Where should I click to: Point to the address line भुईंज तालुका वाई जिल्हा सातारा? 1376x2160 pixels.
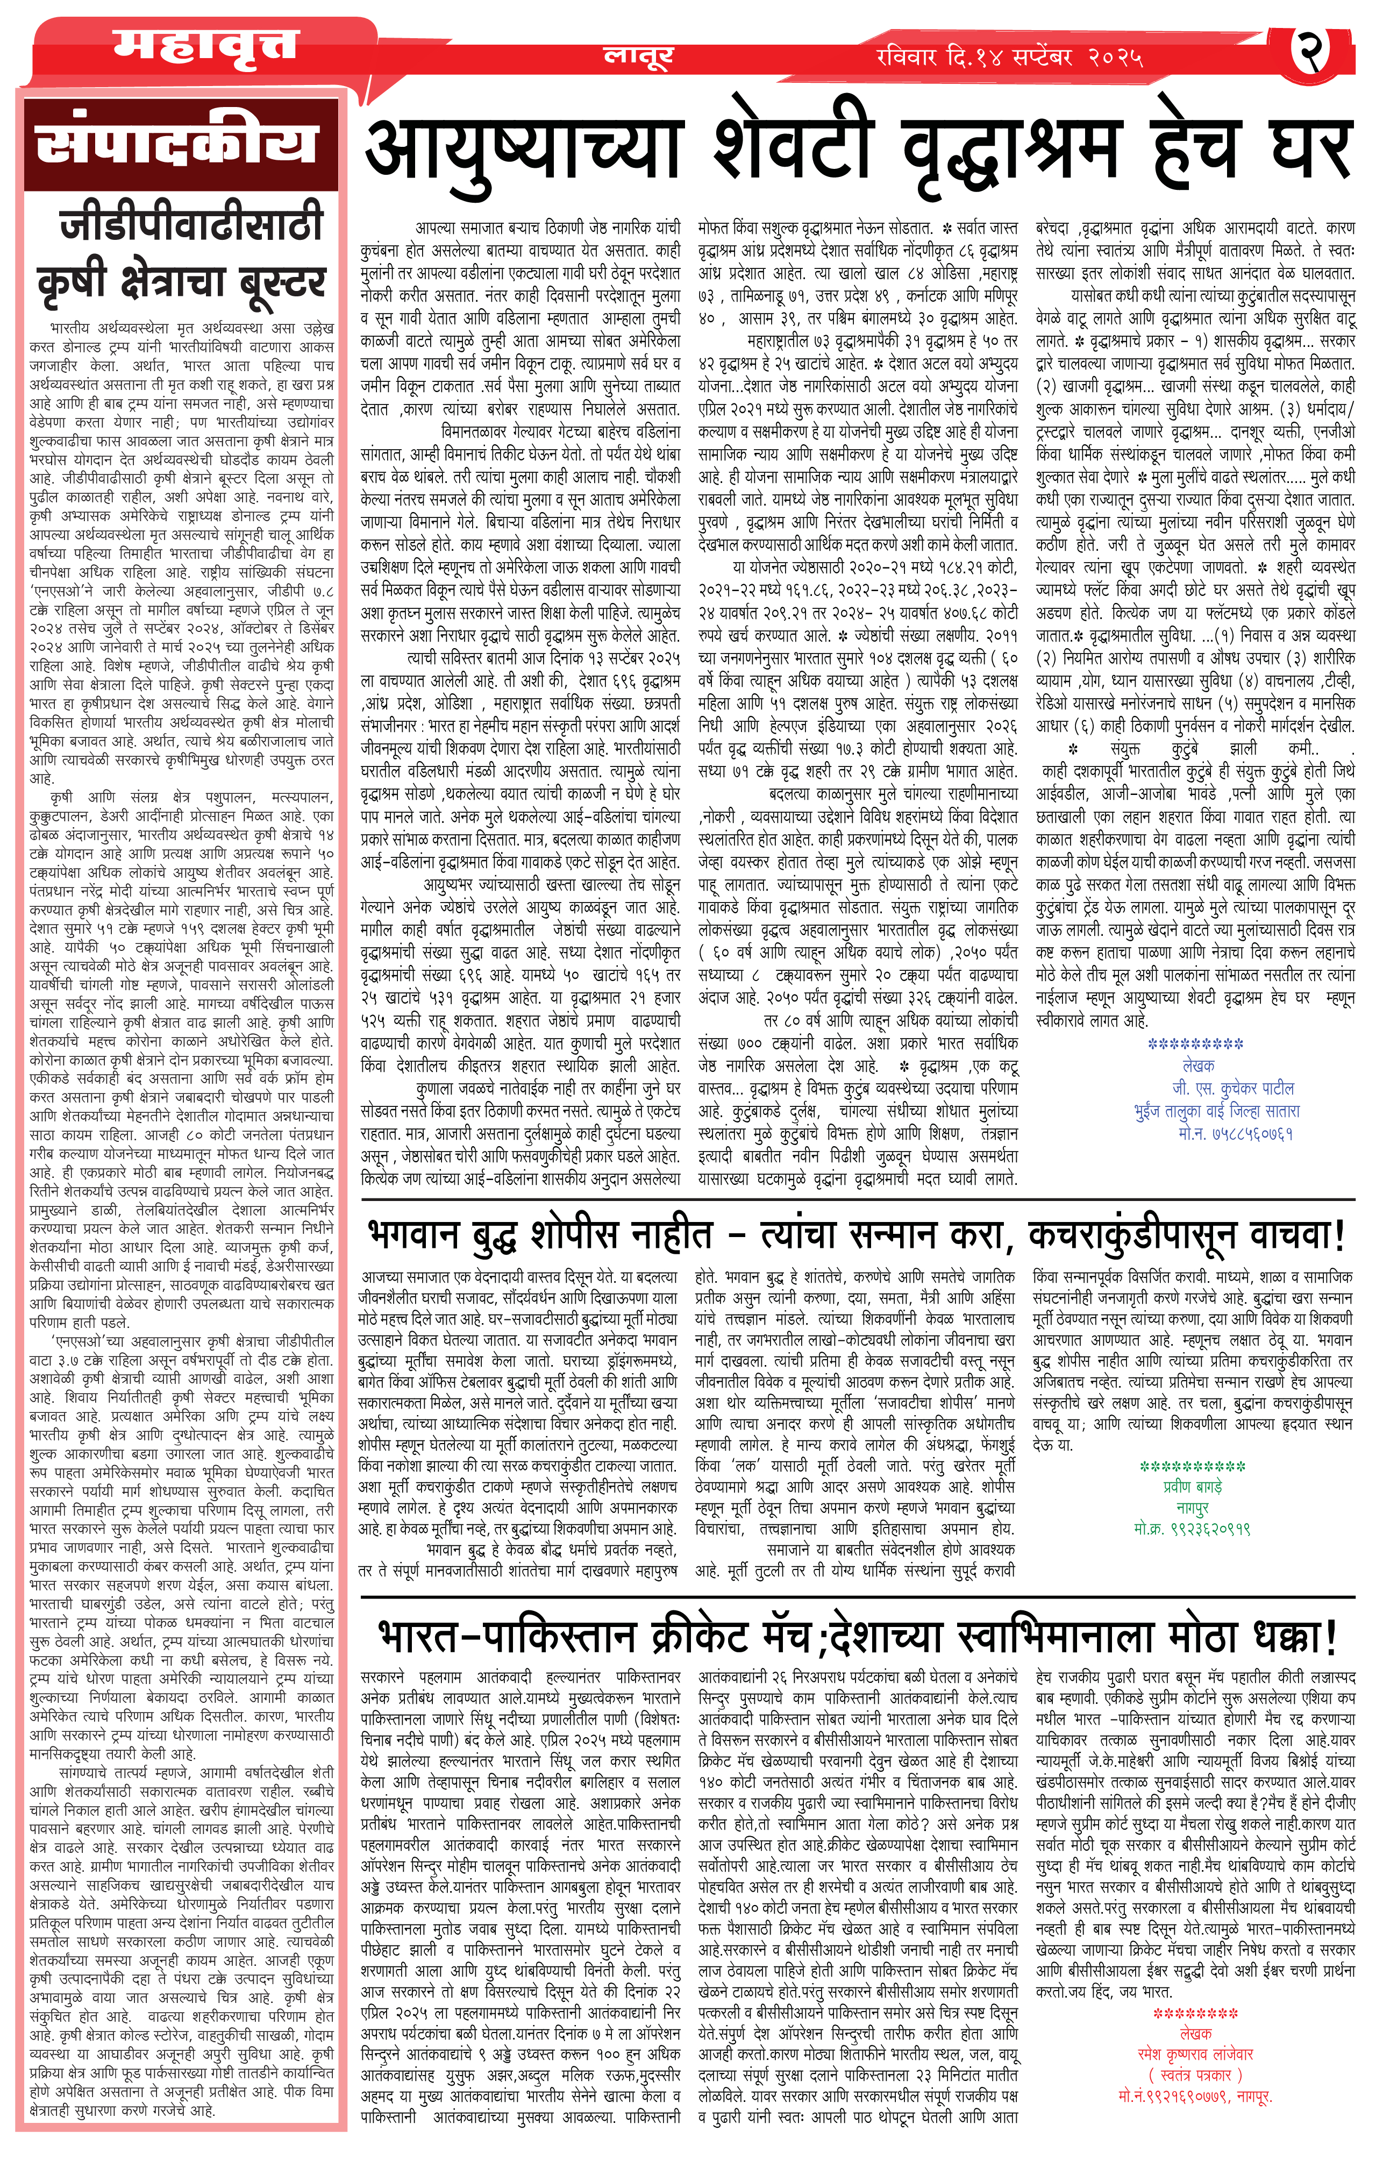1216,1111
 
